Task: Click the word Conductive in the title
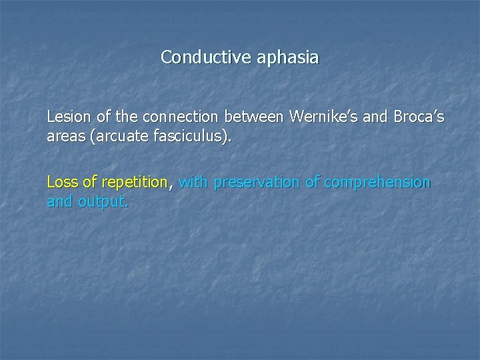tap(197, 57)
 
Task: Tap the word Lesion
tap(67, 117)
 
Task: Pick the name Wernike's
tap(322, 117)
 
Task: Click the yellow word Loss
tap(61, 182)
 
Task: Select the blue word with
tap(194, 182)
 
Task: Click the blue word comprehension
tap(377, 183)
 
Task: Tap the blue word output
tap(102, 201)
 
